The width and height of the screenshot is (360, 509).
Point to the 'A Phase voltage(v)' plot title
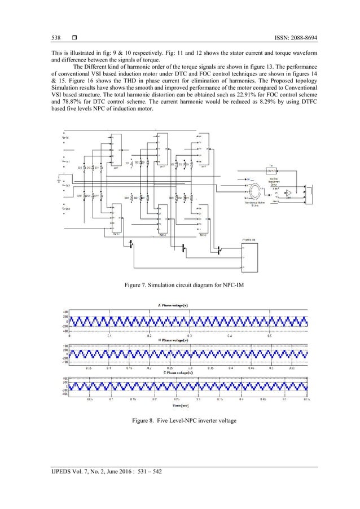pyautogui.click(x=181, y=305)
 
